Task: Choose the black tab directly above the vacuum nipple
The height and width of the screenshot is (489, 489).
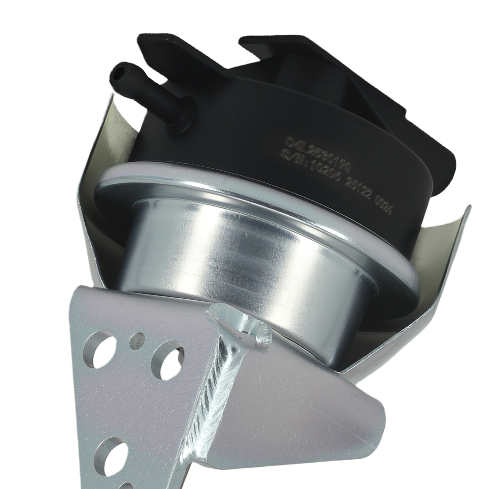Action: tap(161, 49)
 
